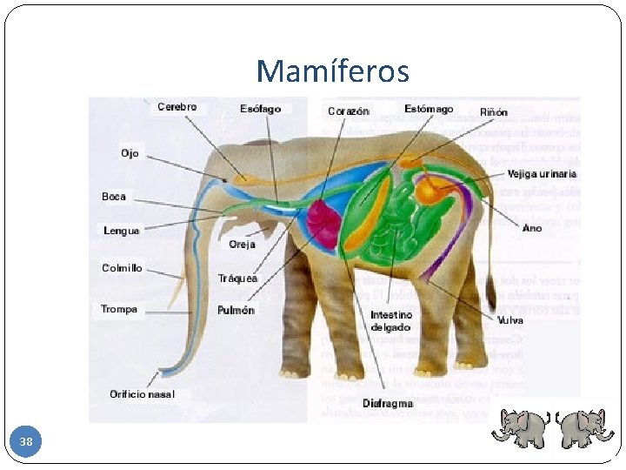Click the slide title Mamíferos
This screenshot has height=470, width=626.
click(333, 70)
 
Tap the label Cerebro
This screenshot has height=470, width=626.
click(176, 107)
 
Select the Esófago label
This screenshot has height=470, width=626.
click(261, 109)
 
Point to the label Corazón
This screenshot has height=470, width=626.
click(348, 111)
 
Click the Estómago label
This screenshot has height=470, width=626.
click(429, 109)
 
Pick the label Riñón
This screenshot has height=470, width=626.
click(494, 112)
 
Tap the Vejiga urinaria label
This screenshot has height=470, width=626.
click(542, 174)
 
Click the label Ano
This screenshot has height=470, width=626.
click(532, 228)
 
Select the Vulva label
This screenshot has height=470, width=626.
click(509, 320)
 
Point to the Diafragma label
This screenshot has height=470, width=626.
click(389, 404)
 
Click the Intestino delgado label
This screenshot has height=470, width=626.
click(391, 320)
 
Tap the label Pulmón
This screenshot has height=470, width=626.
click(236, 310)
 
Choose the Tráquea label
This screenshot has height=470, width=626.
click(237, 279)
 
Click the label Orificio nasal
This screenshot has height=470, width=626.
click(142, 394)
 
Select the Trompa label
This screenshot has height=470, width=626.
click(119, 309)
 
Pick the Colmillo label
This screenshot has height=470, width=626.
click(122, 268)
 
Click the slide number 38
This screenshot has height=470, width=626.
click(26, 443)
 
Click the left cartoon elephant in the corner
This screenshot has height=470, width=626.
click(521, 427)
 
